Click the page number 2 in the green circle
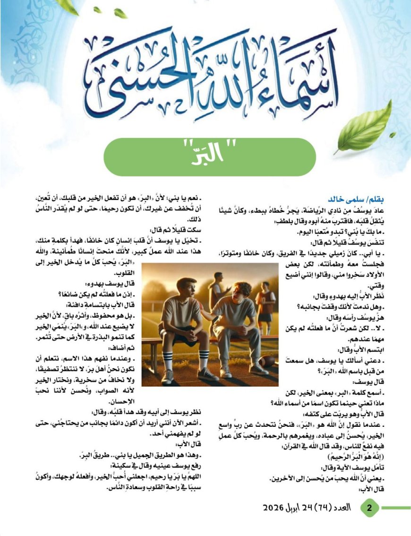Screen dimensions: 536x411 tap(370, 508)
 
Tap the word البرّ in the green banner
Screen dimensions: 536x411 tap(210, 156)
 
